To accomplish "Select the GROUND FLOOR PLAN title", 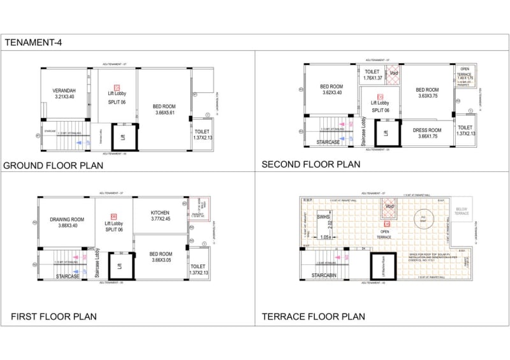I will tap(53, 166).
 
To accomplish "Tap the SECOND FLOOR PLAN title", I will tap(310, 164).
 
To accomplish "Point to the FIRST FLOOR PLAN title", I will tap(54, 316).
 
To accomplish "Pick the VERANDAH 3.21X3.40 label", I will tap(64, 95).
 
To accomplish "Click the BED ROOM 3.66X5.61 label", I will tap(164, 109).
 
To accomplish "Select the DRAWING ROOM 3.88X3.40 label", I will tap(67, 222).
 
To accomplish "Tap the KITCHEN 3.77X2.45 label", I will tap(160, 216).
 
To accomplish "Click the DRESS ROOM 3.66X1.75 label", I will tap(426, 133).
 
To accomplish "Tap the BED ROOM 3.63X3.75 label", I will tap(426, 93).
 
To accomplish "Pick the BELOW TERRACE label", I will tap(462, 212).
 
